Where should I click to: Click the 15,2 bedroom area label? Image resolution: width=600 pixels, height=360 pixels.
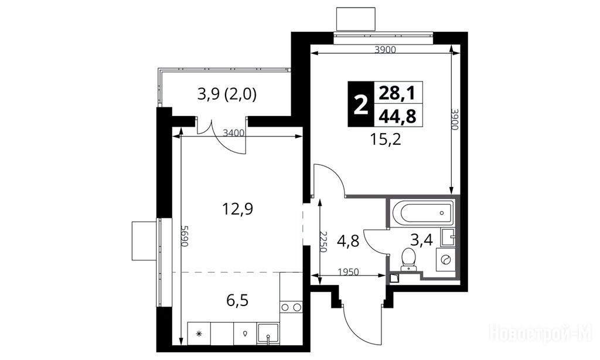coord(386,140)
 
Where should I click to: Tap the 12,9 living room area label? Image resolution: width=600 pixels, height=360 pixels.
coord(238,209)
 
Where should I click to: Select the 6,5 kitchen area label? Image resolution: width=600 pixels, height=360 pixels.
coord(237,301)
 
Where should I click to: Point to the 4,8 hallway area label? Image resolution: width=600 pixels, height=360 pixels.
coord(348,242)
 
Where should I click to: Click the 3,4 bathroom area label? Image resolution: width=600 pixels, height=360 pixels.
coord(421,240)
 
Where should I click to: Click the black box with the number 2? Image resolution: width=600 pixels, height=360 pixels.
coord(360,104)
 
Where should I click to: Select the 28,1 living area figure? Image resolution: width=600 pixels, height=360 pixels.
coord(397,93)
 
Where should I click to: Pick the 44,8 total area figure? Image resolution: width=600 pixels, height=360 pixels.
coord(397,116)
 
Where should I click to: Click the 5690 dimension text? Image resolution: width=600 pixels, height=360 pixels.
coord(185,236)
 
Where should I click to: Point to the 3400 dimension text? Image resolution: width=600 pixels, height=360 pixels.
coord(234,133)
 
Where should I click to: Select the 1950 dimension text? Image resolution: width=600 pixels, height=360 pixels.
coord(349,272)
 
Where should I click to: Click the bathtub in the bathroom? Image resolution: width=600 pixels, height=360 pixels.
coord(422,213)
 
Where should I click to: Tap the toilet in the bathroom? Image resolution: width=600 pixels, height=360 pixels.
coord(408,259)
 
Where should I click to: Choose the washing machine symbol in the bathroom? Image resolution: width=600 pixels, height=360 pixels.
coord(446,260)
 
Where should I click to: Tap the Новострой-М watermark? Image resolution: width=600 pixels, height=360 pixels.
coord(540,333)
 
